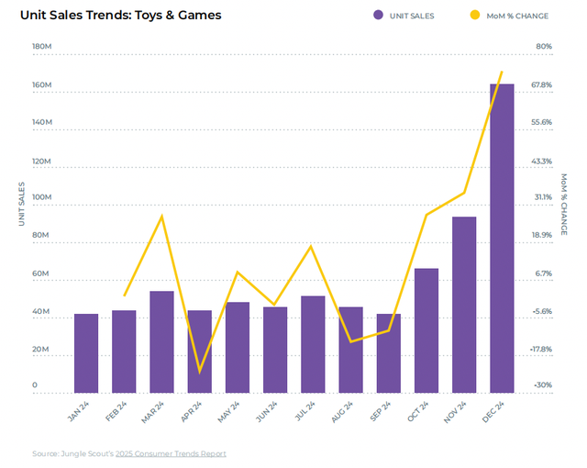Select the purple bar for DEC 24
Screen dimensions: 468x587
pos(502,239)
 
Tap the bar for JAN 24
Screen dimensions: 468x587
pos(86,353)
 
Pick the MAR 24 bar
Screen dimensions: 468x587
pos(161,342)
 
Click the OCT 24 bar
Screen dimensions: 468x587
pos(426,330)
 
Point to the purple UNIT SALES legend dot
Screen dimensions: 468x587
pos(378,16)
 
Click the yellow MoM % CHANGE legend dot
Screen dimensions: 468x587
pos(474,16)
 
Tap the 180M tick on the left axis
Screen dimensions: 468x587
pos(41,46)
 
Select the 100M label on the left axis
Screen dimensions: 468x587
pos(41,197)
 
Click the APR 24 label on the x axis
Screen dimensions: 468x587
pos(191,410)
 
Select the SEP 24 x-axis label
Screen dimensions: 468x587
pos(380,410)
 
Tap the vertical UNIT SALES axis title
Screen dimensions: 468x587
pos(22,204)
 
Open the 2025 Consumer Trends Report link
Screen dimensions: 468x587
pos(174,453)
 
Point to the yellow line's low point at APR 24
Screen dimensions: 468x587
pos(199,372)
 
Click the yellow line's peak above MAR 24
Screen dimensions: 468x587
pos(162,216)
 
